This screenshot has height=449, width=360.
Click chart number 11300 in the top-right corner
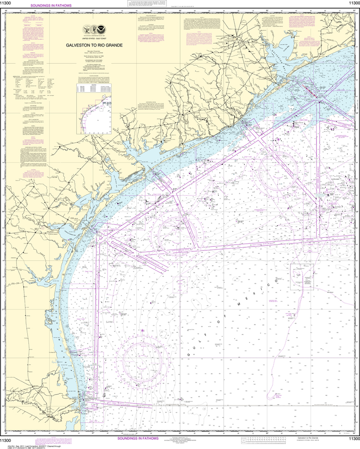pos(353,4)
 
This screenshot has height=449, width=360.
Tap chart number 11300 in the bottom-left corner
pos(6,440)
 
